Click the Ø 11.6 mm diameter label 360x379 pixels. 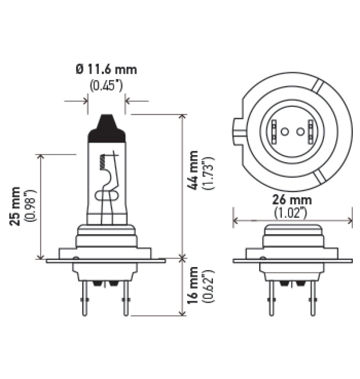coord(106,70)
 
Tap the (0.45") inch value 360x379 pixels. coord(106,85)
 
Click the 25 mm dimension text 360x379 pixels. coord(16,205)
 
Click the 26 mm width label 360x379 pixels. coord(293,200)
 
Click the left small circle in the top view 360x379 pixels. coord(284,132)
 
